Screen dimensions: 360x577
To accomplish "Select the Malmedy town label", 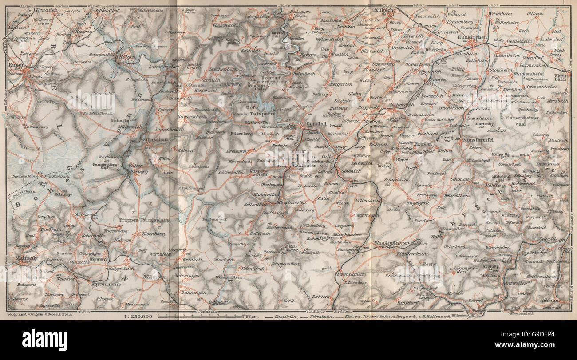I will tap(22, 257).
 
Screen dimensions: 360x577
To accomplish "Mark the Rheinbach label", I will tap(562, 79).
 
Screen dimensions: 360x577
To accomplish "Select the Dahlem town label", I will tap(320, 297).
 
